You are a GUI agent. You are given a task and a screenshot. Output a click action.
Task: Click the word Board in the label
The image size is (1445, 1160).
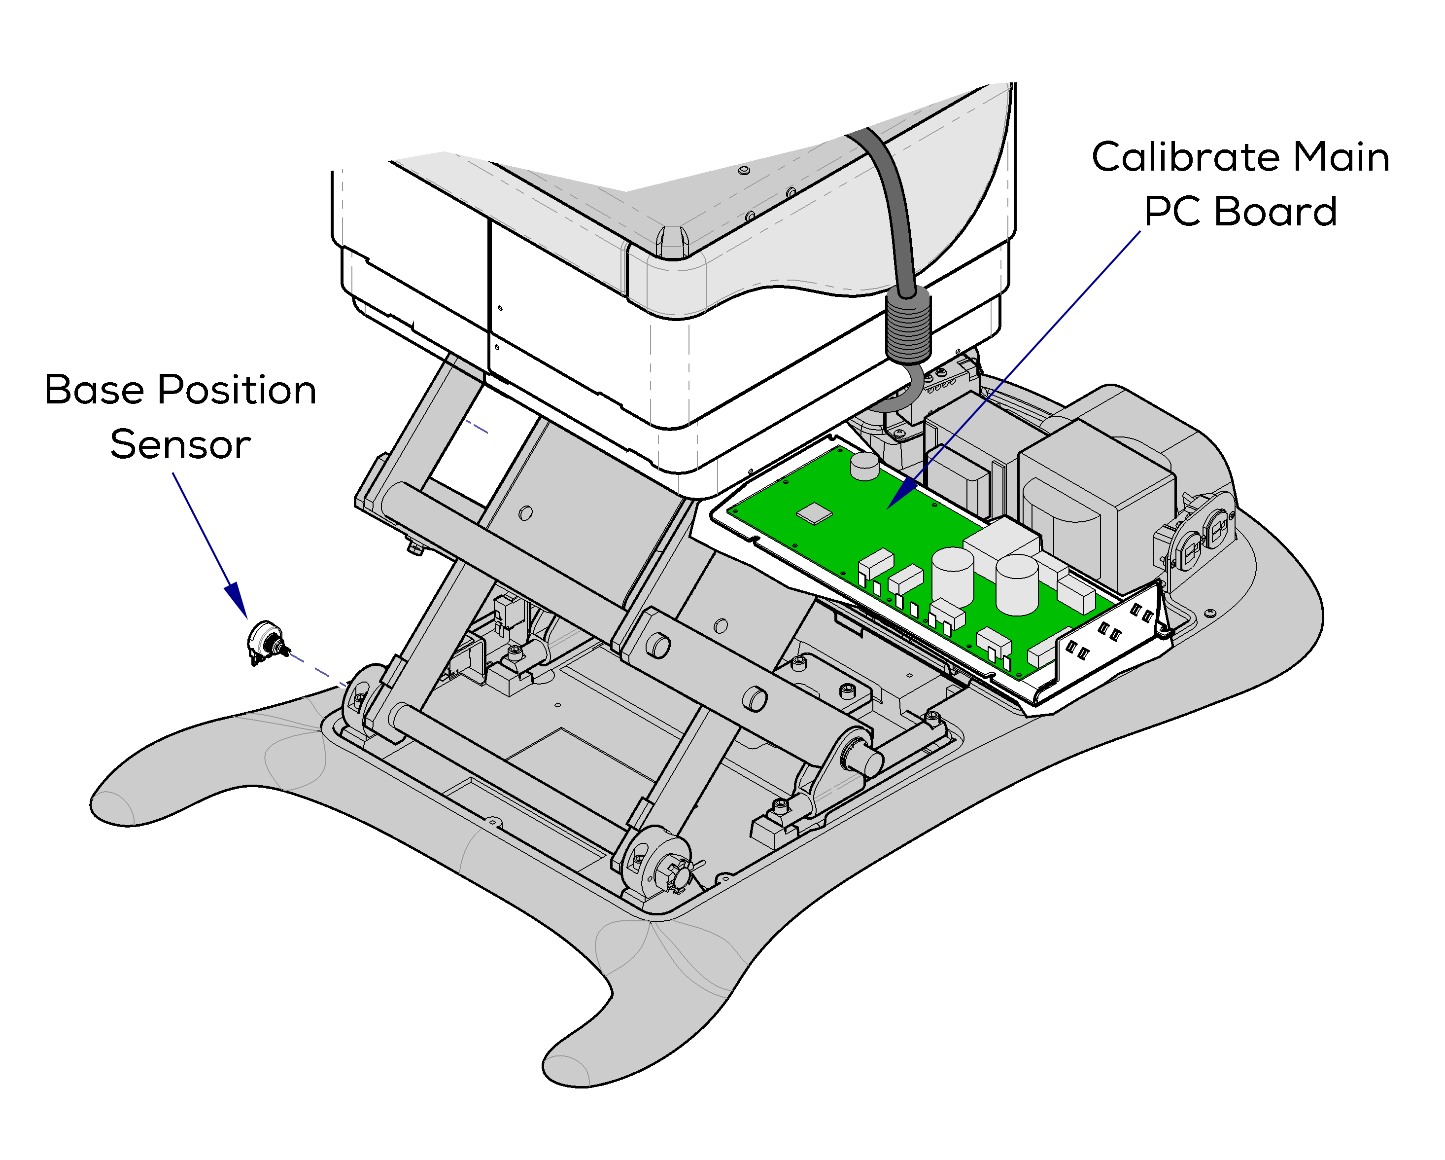(x=1275, y=213)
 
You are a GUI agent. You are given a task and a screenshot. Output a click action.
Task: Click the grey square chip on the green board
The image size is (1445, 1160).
(x=814, y=513)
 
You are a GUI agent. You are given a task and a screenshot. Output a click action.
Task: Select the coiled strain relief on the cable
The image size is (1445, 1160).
(x=908, y=325)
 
